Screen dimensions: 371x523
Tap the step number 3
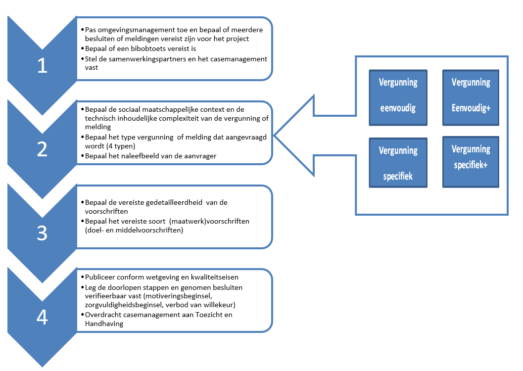[x=42, y=233]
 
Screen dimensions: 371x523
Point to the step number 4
[x=42, y=317]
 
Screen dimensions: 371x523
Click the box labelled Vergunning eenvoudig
[x=398, y=97]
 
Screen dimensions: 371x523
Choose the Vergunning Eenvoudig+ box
[x=471, y=96]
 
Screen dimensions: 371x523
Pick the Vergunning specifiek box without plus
[x=398, y=163]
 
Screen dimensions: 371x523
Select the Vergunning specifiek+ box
[x=471, y=162]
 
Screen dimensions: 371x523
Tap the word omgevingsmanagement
[x=129, y=30]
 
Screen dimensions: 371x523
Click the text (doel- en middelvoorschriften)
[x=134, y=231]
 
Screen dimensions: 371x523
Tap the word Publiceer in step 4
[x=100, y=278]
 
